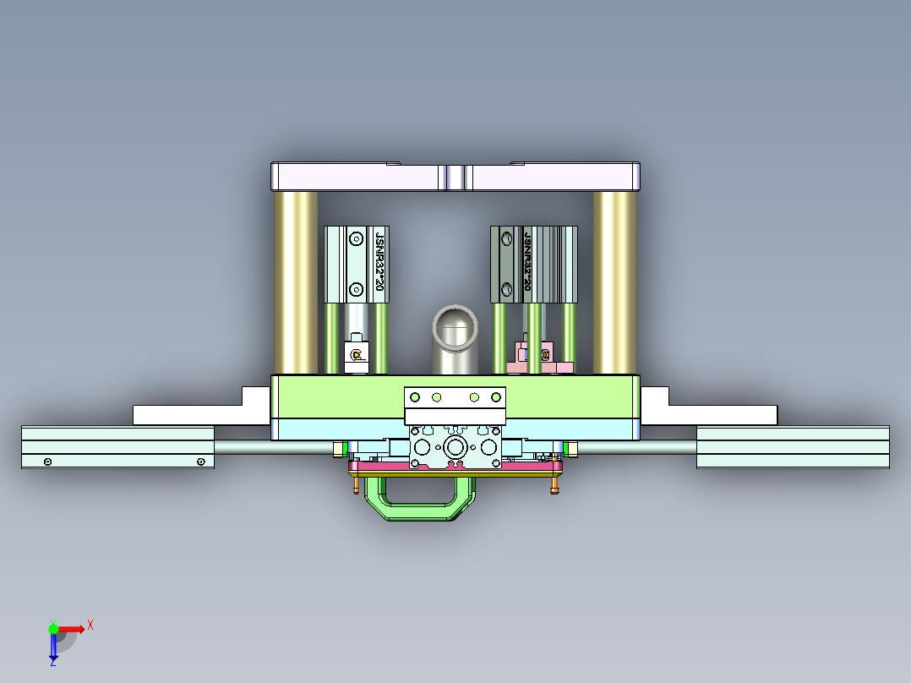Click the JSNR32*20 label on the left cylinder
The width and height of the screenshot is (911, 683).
click(379, 264)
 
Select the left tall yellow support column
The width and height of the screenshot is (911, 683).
click(295, 281)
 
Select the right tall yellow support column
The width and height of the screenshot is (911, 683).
click(614, 281)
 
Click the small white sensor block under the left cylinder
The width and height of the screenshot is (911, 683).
click(357, 356)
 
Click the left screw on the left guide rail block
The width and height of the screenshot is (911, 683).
click(48, 462)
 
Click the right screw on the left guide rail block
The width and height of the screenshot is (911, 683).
click(200, 462)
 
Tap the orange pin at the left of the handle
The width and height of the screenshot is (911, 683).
click(357, 486)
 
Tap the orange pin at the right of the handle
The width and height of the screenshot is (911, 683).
click(554, 486)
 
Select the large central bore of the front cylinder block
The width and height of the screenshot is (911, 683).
click(455, 446)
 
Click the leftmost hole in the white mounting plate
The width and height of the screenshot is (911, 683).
click(414, 397)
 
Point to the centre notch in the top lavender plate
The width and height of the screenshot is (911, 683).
click(455, 178)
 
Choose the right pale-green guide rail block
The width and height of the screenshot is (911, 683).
click(793, 447)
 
